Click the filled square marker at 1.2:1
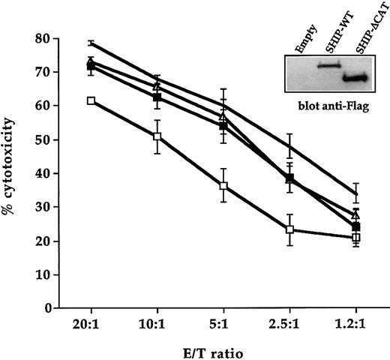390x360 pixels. click(x=355, y=226)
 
